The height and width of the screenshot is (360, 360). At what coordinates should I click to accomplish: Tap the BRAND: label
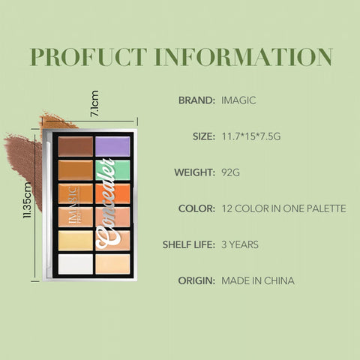pyautogui.click(x=197, y=100)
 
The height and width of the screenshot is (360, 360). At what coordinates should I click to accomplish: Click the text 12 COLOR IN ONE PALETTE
pyautogui.click(x=284, y=208)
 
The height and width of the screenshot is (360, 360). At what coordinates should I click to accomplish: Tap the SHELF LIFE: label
pyautogui.click(x=189, y=244)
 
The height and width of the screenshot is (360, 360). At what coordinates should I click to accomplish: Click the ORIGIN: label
pyautogui.click(x=196, y=280)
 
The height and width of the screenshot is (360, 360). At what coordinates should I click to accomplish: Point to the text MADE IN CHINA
pyautogui.click(x=258, y=280)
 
